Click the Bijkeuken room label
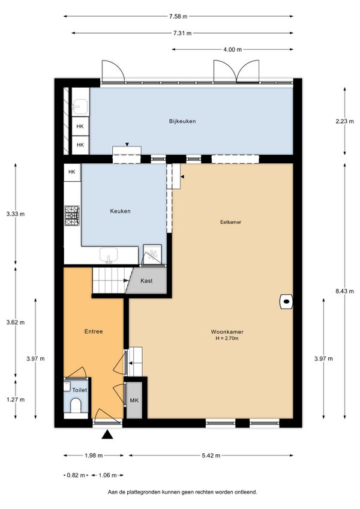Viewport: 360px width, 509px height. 182,121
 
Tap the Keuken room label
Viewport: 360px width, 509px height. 120,211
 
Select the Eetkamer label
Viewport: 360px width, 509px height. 230,222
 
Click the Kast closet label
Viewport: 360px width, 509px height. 146,281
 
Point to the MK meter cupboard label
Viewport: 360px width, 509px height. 134,400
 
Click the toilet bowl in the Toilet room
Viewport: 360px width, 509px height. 76,405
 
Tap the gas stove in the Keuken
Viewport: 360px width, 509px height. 72,215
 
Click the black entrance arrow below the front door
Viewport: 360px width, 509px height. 107,435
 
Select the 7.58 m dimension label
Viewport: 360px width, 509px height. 178,16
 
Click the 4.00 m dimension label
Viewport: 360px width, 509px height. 232,49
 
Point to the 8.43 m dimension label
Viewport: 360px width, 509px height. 344,291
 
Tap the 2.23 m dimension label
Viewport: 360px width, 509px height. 344,121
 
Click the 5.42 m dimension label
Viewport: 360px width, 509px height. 211,456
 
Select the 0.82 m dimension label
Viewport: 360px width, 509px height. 76,475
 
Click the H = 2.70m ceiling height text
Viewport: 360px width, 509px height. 227,339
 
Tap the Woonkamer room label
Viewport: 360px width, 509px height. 227,332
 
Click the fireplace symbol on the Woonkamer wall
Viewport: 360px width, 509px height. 286,301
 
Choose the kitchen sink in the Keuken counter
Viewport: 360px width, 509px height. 109,256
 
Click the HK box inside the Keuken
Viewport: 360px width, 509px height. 72,172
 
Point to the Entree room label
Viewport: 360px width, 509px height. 94,331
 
